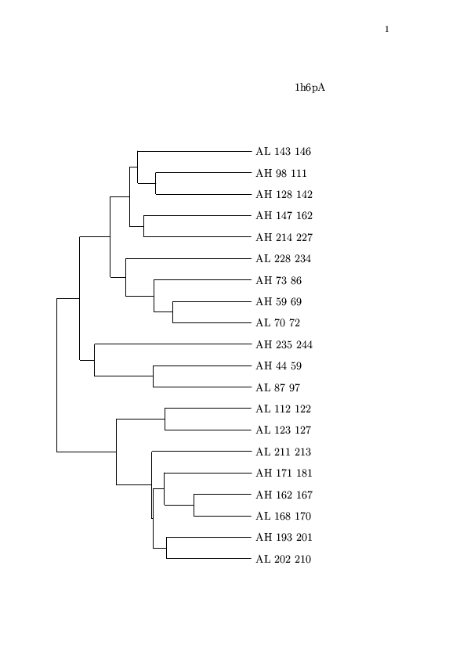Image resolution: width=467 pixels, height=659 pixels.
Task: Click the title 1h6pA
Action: [x=310, y=88]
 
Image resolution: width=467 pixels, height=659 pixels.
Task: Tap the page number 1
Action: [x=386, y=29]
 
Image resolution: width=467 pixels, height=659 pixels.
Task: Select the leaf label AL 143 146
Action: [x=283, y=151]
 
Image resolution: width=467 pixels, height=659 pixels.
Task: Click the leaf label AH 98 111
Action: [x=281, y=173]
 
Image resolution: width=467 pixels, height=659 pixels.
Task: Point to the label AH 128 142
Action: [x=284, y=194]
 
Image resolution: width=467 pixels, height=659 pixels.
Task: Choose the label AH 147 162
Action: [x=284, y=215]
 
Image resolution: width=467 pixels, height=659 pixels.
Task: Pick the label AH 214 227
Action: [x=284, y=237]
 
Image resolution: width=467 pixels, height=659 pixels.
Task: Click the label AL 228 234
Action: [x=283, y=258]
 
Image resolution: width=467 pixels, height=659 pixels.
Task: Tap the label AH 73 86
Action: [x=278, y=280]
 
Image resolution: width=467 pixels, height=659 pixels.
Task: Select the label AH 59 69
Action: [x=278, y=301]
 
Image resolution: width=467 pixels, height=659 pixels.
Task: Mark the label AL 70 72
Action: [x=277, y=322]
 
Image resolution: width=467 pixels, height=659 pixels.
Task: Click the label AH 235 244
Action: [x=284, y=344]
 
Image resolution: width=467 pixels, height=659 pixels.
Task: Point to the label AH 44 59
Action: [x=278, y=366]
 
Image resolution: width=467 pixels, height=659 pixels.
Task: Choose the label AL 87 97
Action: [x=277, y=387]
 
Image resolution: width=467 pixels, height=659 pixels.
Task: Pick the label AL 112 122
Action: [x=283, y=409]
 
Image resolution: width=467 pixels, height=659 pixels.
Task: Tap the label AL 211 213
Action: [x=283, y=452]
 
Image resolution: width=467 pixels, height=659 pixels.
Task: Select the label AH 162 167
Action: [x=284, y=495]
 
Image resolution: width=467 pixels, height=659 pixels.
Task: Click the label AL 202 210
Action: [x=283, y=559]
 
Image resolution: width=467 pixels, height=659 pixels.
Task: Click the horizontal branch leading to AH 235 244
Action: [x=173, y=344]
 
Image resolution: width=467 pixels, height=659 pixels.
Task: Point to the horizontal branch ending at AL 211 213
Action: [x=201, y=452]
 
